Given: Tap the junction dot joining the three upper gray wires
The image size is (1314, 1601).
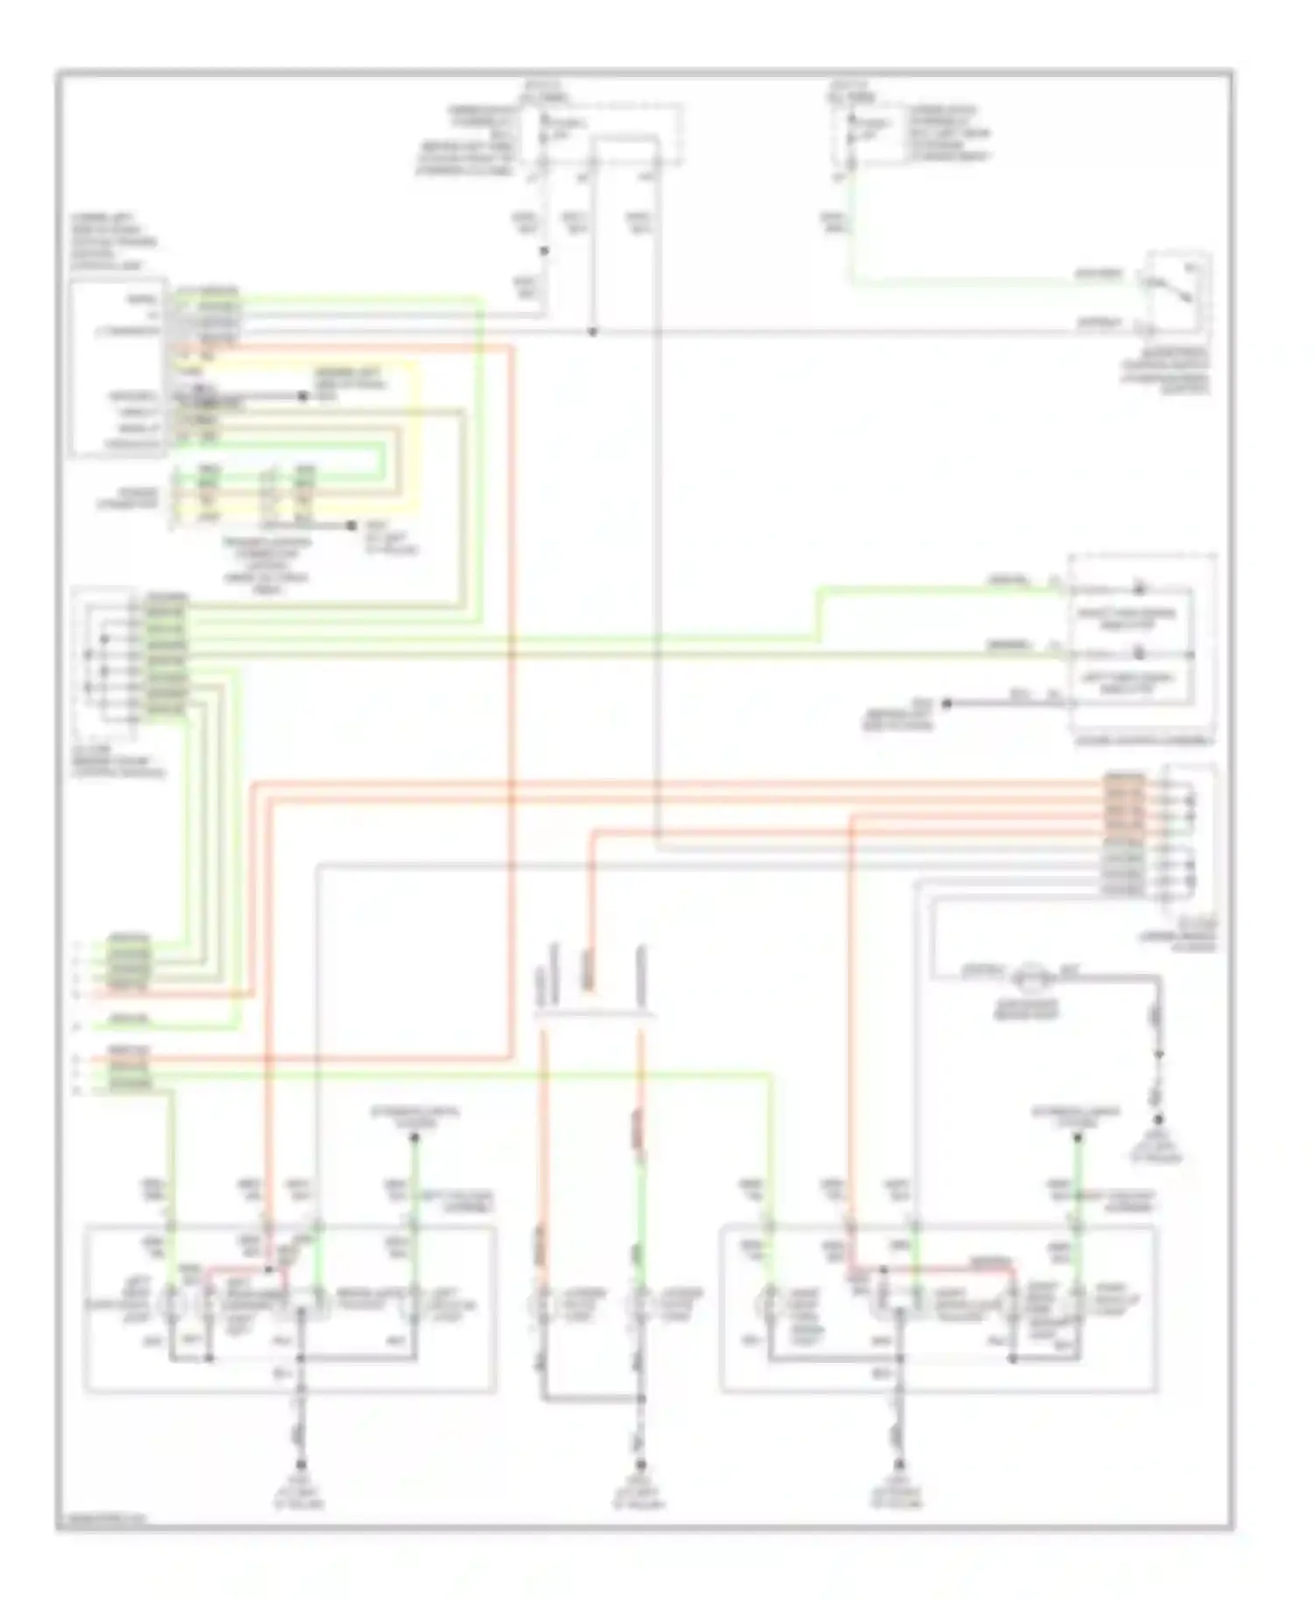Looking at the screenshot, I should [593, 332].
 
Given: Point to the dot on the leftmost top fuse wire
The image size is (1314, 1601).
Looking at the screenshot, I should [543, 250].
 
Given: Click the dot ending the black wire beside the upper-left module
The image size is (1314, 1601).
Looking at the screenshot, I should [303, 397].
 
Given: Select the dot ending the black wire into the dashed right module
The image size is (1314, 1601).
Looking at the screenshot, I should [946, 702].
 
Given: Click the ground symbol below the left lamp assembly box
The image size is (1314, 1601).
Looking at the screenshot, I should [300, 1464].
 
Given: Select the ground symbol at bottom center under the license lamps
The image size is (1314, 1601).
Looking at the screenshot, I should [640, 1464].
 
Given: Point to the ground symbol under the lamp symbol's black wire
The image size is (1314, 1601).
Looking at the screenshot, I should [1158, 1119].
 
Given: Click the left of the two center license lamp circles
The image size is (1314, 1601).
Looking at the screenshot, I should [542, 1304].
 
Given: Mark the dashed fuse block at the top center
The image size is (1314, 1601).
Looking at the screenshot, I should [604, 136].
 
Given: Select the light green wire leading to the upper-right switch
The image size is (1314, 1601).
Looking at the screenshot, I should [964, 282].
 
